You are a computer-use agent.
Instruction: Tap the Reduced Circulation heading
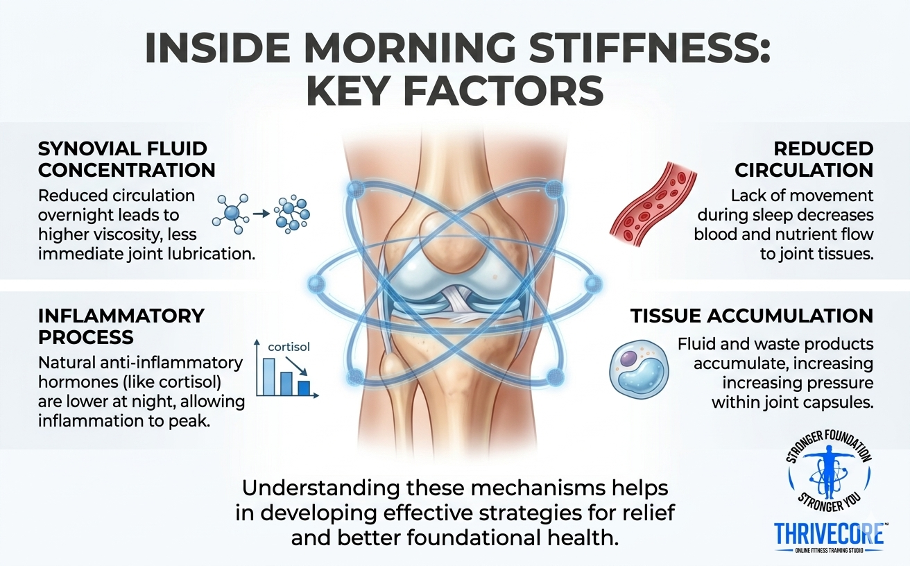pyautogui.click(x=804, y=159)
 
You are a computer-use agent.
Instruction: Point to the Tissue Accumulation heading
pyautogui.click(x=751, y=316)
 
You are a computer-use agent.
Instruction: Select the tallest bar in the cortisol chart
pyautogui.click(x=269, y=376)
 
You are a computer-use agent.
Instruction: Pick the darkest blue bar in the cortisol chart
pyautogui.click(x=304, y=387)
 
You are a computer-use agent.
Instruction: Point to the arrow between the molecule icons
pyautogui.click(x=260, y=213)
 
